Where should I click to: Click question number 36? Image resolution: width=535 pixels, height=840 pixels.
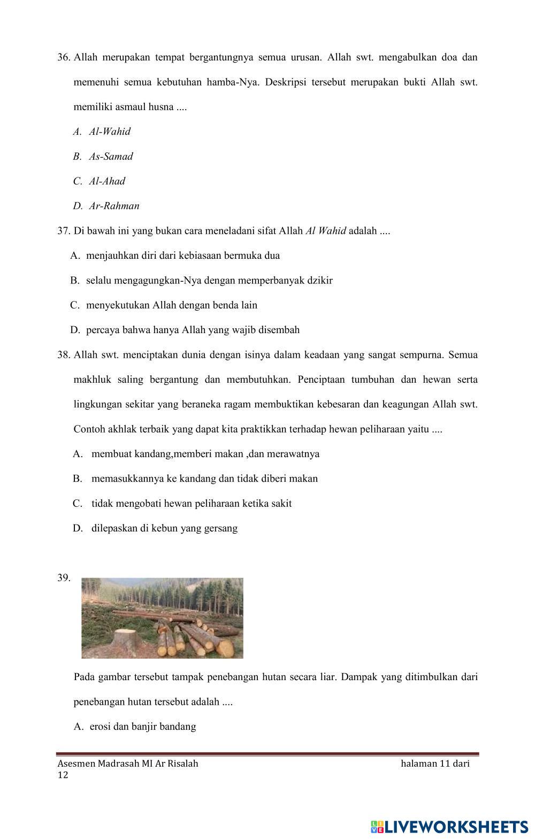tap(64, 57)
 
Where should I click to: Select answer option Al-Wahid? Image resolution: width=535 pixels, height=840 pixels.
tap(109, 132)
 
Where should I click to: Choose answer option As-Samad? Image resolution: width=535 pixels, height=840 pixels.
tap(111, 156)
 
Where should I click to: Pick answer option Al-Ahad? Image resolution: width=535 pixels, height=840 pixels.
tap(106, 181)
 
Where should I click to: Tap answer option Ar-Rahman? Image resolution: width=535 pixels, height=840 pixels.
tap(114, 206)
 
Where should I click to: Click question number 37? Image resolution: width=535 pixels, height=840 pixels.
tap(64, 231)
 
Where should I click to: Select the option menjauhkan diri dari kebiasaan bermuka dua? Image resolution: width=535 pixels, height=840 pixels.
tap(182, 256)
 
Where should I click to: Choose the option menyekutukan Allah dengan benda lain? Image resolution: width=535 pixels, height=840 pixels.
tap(171, 305)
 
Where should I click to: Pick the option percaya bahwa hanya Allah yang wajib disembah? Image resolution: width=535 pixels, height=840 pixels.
tap(193, 330)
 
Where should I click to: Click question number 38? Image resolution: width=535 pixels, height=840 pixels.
tap(64, 355)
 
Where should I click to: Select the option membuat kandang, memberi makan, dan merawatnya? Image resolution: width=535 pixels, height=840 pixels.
tap(205, 454)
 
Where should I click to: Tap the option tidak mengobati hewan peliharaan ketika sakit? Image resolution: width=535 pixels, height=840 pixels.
tap(191, 504)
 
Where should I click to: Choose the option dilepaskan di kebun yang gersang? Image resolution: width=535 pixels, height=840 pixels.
tap(164, 528)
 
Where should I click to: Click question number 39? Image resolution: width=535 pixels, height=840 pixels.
tap(64, 577)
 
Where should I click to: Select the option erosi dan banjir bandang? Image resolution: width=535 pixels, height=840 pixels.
tap(142, 726)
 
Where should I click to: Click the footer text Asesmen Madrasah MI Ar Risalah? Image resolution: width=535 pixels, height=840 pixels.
tap(127, 764)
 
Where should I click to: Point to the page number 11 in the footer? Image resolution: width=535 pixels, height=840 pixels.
tap(446, 764)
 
